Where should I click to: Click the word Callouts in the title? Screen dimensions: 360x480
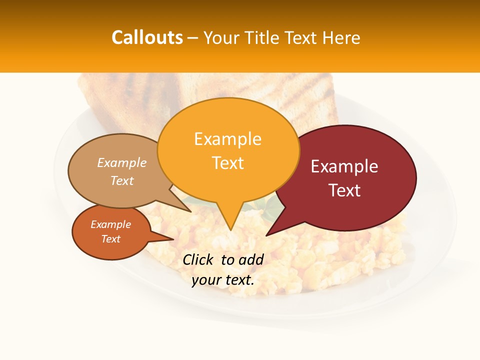(x=147, y=37)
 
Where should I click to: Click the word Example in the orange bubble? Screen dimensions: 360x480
(x=227, y=139)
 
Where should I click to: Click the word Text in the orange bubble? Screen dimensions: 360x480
(x=227, y=163)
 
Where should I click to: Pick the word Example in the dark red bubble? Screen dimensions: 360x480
(x=344, y=166)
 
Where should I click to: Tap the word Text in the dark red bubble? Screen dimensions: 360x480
(x=344, y=190)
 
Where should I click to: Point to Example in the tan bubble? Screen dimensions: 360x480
(x=122, y=162)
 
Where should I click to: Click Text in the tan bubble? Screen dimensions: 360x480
(x=122, y=180)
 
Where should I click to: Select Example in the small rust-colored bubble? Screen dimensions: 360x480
(x=110, y=224)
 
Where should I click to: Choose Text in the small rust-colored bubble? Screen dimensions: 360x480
(x=110, y=239)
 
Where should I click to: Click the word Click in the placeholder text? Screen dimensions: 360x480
(x=199, y=259)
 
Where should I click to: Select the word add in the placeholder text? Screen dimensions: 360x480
(x=251, y=259)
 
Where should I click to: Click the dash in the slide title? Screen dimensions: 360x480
(x=193, y=38)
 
